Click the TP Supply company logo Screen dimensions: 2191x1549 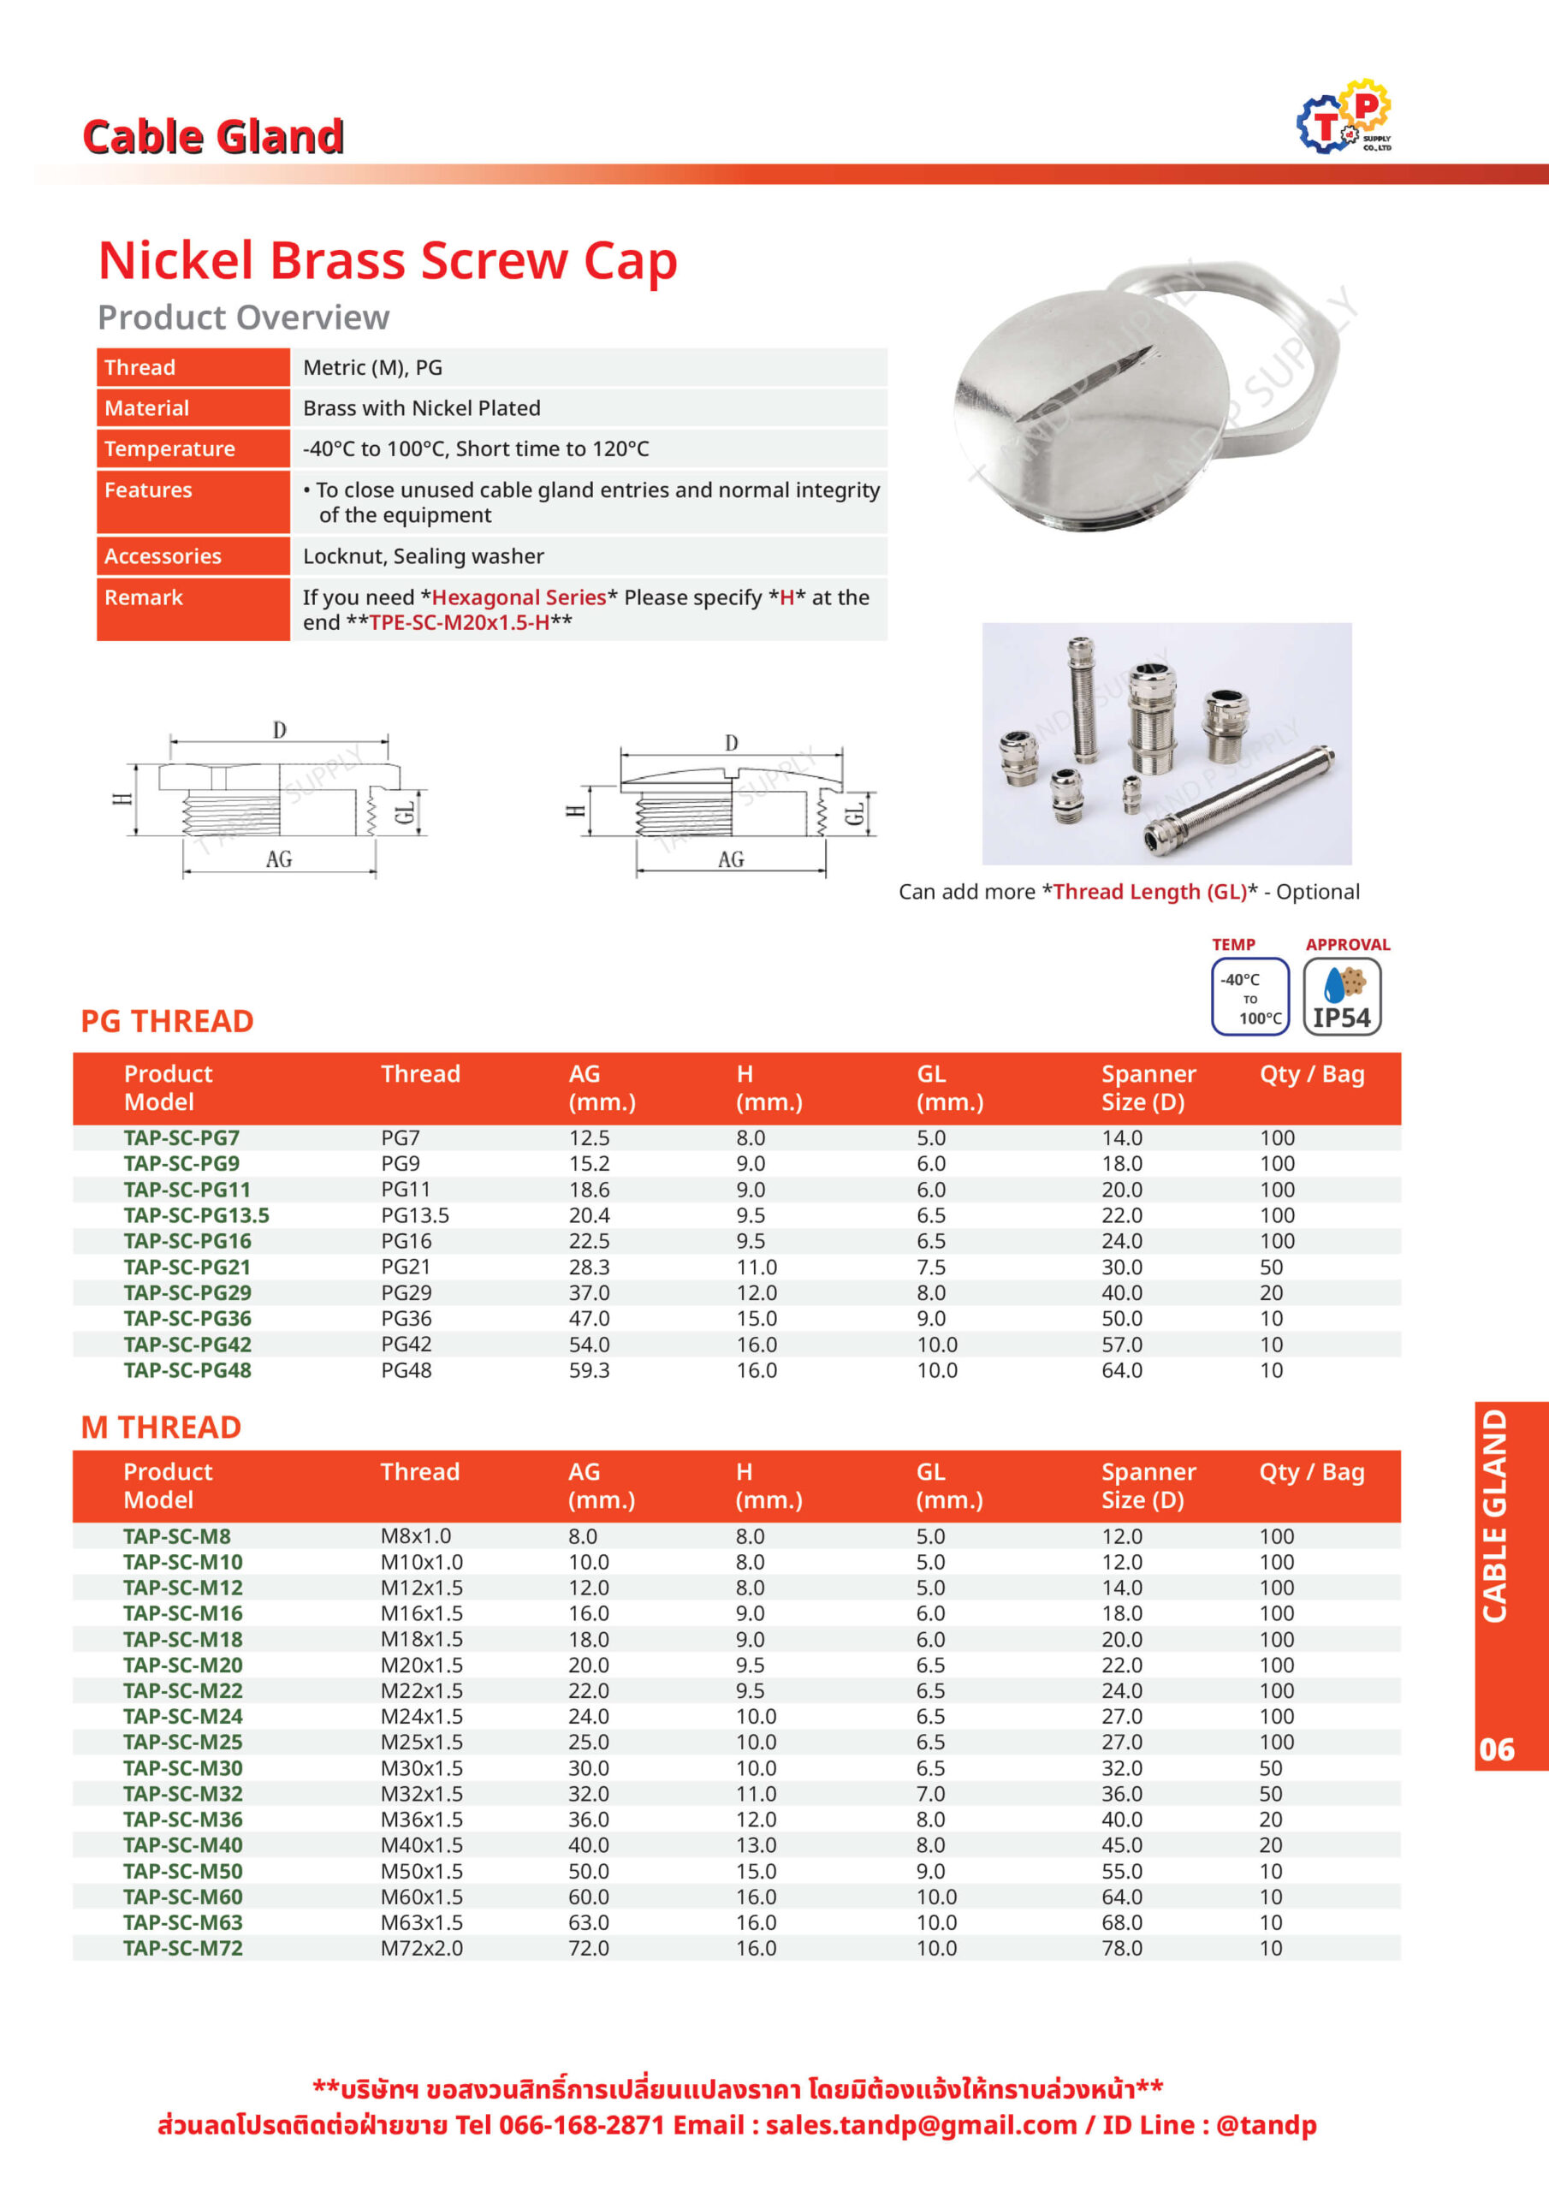point(1344,117)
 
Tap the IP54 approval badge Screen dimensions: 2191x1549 point(1342,996)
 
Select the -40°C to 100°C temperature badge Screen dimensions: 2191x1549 point(1250,996)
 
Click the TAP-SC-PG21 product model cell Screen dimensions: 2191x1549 point(187,1268)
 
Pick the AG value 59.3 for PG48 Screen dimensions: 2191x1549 point(589,1370)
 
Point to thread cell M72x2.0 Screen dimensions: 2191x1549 point(421,1948)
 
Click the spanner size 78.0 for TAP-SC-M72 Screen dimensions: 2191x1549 point(1121,1948)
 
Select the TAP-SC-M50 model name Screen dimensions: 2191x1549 point(183,1870)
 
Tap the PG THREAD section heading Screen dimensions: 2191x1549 point(167,1021)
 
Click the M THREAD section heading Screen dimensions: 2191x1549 point(161,1427)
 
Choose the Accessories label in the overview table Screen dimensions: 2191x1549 point(163,556)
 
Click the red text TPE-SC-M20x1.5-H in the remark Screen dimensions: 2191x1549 point(459,622)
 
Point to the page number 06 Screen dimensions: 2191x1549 point(1497,1749)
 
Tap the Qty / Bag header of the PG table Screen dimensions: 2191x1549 point(1311,1073)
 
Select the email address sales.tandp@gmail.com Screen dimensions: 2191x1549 point(921,2124)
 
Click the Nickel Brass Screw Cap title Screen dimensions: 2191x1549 point(388,259)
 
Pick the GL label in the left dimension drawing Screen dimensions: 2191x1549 point(405,812)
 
